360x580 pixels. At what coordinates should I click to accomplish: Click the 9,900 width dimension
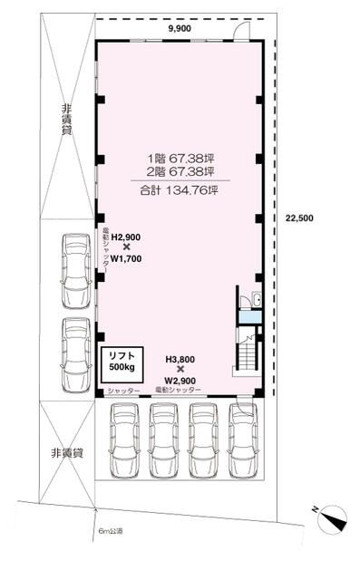[x=180, y=29]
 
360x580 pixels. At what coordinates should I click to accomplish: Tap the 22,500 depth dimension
[x=299, y=218]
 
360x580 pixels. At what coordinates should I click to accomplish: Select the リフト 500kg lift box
[x=122, y=364]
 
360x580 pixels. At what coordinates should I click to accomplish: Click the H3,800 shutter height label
[x=180, y=359]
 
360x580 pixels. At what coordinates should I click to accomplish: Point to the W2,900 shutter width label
[x=180, y=381]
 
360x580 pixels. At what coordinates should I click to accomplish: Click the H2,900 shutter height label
[x=126, y=237]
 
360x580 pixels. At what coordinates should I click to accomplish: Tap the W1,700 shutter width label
[x=126, y=259]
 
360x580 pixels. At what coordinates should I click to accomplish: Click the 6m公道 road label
[x=111, y=531]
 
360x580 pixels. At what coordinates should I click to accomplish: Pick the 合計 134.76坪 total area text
[x=179, y=190]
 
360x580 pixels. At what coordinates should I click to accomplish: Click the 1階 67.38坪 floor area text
[x=181, y=159]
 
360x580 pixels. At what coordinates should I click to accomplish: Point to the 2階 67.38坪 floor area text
[x=181, y=171]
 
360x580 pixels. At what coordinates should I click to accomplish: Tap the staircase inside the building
[x=248, y=354]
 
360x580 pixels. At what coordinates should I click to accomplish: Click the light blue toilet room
[x=249, y=317]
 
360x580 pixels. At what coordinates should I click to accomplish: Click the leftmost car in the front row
[x=124, y=440]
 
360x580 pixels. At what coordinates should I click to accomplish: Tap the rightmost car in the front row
[x=243, y=440]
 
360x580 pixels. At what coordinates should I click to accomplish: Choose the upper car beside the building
[x=76, y=271]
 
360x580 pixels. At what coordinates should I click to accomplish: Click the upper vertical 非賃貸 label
[x=66, y=120]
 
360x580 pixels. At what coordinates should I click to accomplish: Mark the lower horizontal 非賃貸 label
[x=67, y=453]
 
